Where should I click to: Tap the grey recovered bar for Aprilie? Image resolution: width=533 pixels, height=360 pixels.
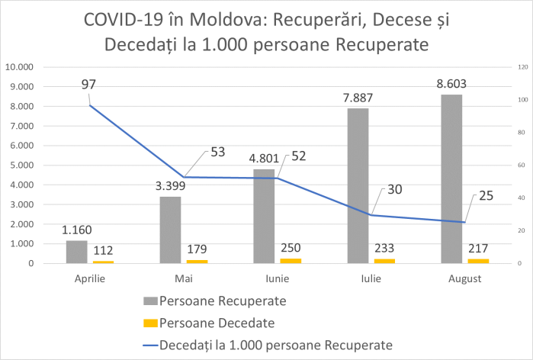76,252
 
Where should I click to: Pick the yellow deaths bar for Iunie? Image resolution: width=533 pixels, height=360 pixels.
291,261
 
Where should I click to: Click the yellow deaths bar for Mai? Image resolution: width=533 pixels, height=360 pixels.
197,262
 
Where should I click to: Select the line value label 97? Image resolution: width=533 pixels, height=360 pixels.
88,83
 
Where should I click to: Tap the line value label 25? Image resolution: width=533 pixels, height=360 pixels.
486,195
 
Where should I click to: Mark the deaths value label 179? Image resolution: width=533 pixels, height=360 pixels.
197,249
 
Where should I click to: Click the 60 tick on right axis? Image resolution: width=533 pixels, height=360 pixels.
522,166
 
